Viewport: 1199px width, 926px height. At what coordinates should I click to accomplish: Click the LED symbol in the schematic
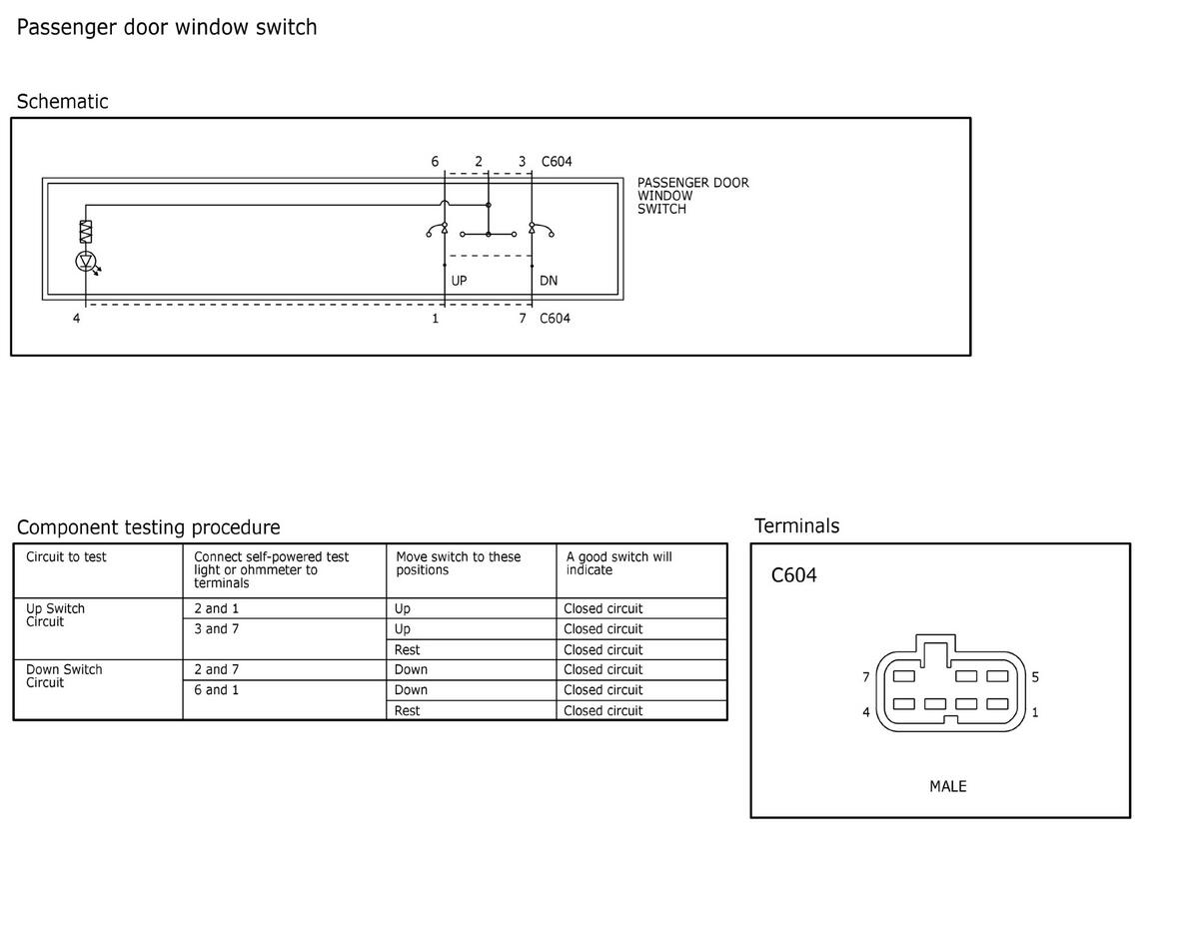[x=86, y=261]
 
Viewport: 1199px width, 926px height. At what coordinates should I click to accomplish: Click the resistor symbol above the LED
[x=86, y=232]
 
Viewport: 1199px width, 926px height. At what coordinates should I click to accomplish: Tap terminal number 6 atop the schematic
[x=435, y=162]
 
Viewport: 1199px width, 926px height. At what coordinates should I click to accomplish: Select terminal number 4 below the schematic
[x=77, y=319]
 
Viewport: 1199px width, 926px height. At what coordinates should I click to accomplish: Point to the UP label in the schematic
[x=459, y=281]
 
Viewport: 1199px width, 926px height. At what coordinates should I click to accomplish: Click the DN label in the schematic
[x=549, y=281]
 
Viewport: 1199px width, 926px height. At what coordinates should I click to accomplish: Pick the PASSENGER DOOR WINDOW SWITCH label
[x=693, y=196]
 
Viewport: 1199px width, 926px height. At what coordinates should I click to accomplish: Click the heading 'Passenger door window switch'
[x=167, y=28]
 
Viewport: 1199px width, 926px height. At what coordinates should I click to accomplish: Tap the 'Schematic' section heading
[x=62, y=102]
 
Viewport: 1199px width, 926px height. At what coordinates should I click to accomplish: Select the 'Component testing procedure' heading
[x=149, y=527]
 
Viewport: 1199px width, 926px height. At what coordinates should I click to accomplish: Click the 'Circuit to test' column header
[x=66, y=557]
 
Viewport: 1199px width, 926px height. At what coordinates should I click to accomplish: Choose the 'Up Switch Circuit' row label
[x=55, y=615]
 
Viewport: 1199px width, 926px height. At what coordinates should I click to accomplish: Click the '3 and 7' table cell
[x=216, y=628]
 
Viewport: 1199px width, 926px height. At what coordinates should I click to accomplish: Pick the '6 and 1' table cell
[x=216, y=690]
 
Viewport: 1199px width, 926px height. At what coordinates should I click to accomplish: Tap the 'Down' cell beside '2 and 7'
[x=411, y=669]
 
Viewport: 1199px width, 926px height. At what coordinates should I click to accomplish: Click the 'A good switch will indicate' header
[x=619, y=563]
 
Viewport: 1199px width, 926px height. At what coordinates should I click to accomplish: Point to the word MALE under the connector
[x=948, y=786]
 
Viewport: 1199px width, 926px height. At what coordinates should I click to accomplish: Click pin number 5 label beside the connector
[x=1035, y=677]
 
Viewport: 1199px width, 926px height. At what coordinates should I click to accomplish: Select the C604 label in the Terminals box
[x=793, y=575]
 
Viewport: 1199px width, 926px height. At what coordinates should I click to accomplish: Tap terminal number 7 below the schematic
[x=523, y=319]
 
